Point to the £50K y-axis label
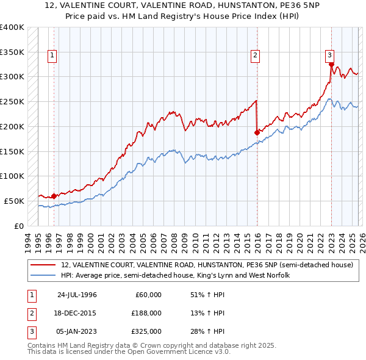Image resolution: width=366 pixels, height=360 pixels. point(15,201)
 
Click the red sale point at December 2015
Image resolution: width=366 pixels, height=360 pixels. point(257,132)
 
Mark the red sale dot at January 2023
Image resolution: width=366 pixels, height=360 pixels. point(331,64)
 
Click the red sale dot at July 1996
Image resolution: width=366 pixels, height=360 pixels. point(54,196)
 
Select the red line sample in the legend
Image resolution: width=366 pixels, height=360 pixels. point(43,265)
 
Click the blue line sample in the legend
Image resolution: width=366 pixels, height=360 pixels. point(43,276)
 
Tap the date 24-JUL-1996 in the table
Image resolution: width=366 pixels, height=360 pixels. point(77,295)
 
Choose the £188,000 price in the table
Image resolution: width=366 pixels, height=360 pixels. point(146,313)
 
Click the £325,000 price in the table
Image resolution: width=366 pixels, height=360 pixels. point(146,331)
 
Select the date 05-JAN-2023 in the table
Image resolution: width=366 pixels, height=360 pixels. point(77,331)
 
